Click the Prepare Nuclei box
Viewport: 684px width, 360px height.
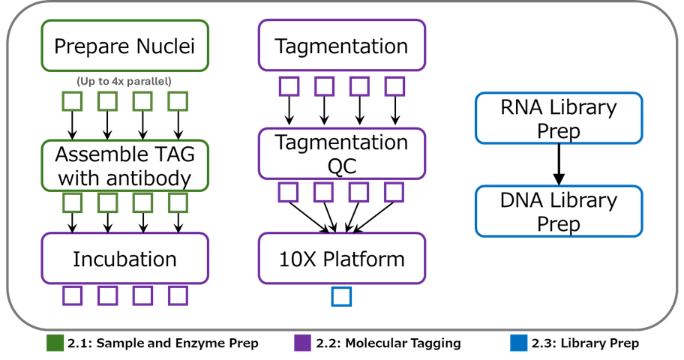124,46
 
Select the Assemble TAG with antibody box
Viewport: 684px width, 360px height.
124,166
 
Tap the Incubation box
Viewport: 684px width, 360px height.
124,259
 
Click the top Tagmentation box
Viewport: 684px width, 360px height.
341,46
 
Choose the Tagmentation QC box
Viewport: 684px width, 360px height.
341,154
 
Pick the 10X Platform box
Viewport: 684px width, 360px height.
341,259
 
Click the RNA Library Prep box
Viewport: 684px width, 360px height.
559,118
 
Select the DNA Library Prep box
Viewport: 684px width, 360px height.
559,211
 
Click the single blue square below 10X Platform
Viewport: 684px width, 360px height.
341,297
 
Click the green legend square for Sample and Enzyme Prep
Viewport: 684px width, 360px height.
55,343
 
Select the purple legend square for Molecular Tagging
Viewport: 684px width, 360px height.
303,343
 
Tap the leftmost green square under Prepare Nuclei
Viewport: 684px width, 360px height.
72,100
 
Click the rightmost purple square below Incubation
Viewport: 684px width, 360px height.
178,295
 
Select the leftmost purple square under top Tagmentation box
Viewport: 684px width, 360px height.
289,86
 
